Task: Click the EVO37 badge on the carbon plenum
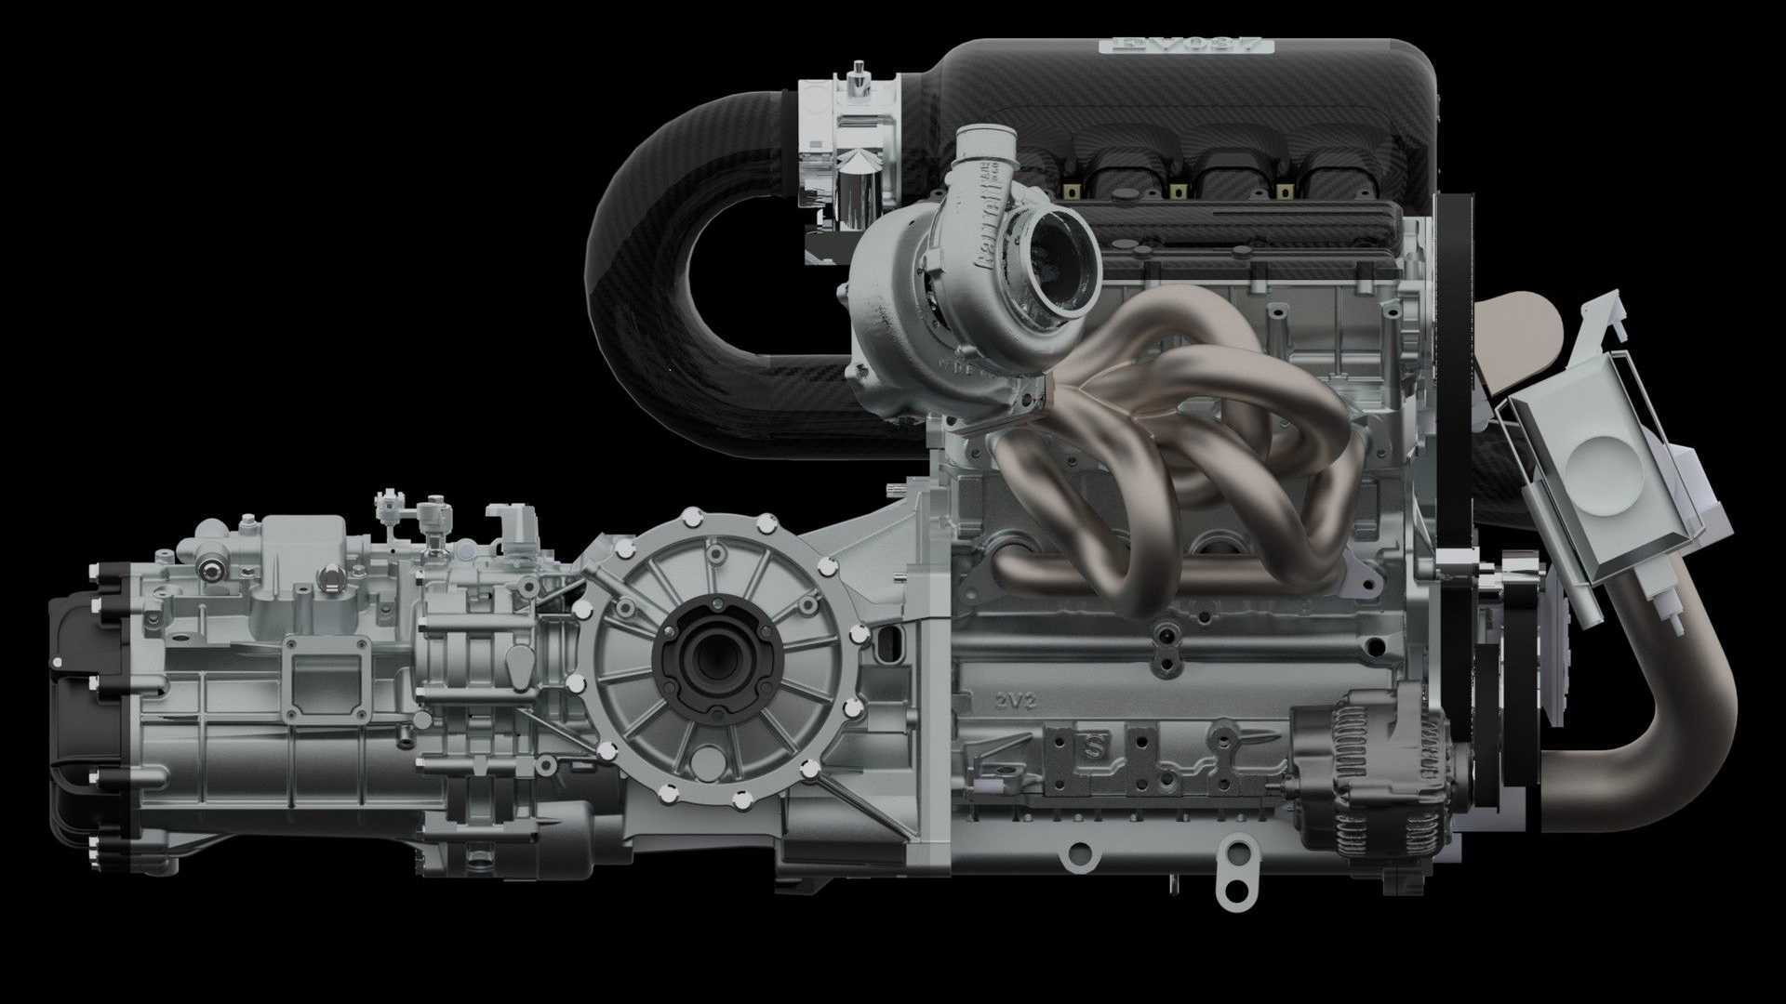pyautogui.click(x=1185, y=45)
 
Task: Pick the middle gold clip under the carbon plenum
pyautogui.click(x=1179, y=191)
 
